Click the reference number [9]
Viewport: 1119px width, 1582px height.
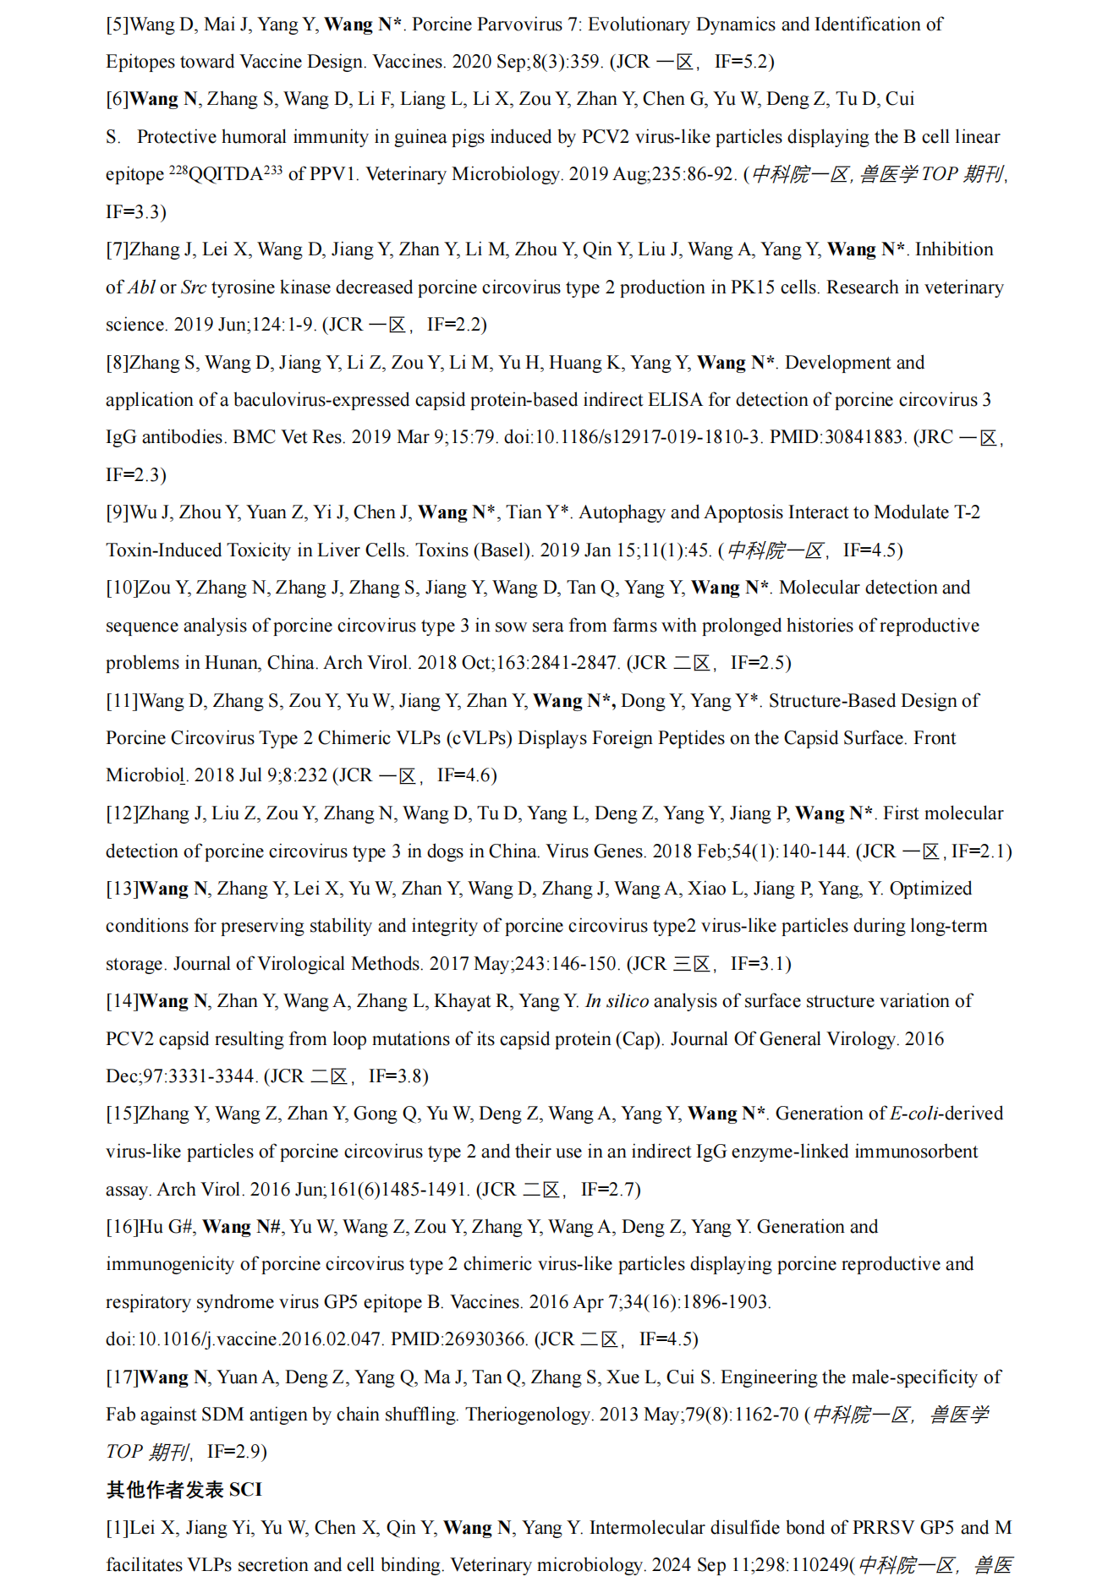118,512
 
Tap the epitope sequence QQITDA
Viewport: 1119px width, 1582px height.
226,175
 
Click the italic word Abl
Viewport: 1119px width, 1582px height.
141,287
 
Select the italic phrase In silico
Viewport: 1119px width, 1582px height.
617,1001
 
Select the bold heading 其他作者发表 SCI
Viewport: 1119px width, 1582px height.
184,1490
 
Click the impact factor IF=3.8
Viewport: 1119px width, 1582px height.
398,1076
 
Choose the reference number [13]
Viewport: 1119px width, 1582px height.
122,889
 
